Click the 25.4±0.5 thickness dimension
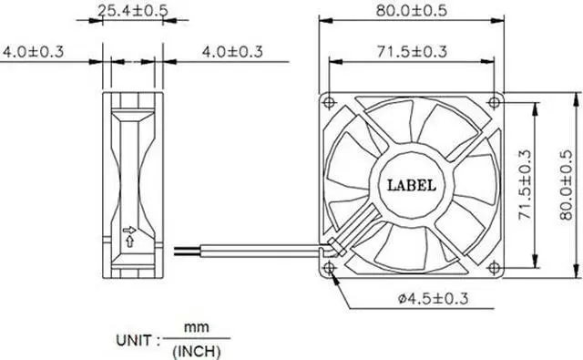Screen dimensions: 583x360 (x=133, y=10)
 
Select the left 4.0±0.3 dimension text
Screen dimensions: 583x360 (x=33, y=52)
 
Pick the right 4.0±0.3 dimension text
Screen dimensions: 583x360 (x=232, y=52)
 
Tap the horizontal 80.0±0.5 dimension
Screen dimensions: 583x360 (x=411, y=10)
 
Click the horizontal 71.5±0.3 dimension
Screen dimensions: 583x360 (x=412, y=51)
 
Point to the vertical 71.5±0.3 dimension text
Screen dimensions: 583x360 (x=525, y=185)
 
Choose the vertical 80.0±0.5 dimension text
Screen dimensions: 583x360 (x=566, y=185)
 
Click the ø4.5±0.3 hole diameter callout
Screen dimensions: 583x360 (x=433, y=299)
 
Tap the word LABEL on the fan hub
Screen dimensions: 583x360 (x=411, y=185)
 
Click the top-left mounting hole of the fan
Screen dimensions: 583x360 (x=329, y=102)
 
